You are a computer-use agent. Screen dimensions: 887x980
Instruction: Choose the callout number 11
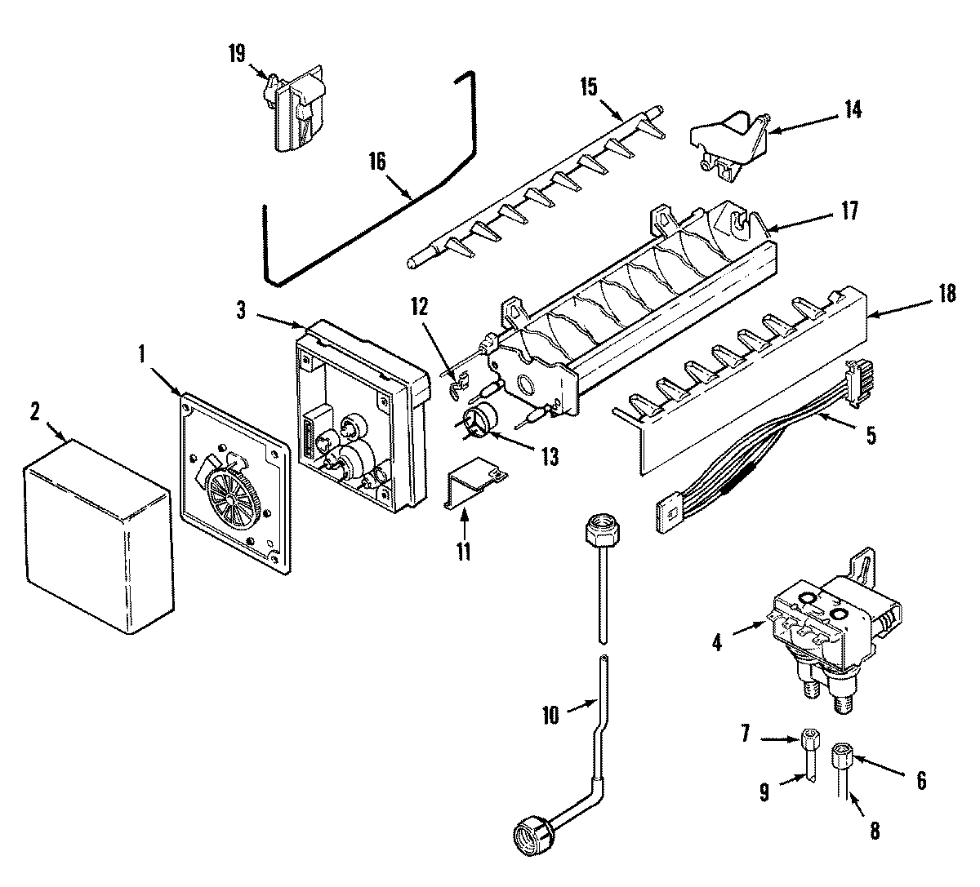pyautogui.click(x=463, y=551)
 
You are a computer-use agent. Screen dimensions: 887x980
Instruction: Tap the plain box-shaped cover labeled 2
pyautogui.click(x=98, y=539)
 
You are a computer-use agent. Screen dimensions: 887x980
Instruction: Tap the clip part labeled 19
pyautogui.click(x=296, y=112)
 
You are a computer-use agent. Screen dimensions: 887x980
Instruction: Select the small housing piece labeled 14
pyautogui.click(x=729, y=140)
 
